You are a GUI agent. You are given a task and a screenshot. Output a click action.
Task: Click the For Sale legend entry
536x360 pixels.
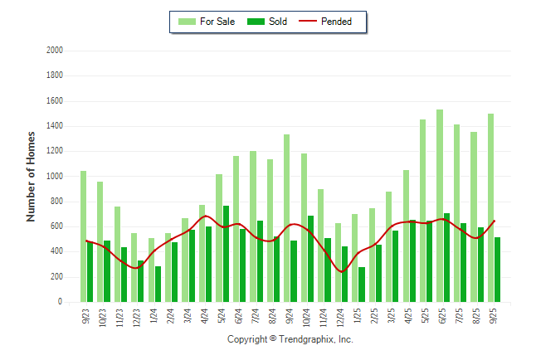pyautogui.click(x=212, y=22)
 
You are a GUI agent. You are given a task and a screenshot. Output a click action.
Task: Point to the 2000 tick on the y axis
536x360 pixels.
pyautogui.click(x=55, y=51)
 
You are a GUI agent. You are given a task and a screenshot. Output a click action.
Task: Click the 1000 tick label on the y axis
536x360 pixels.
pyautogui.click(x=55, y=177)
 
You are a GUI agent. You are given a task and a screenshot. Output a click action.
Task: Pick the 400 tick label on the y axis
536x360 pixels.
pyautogui.click(x=57, y=252)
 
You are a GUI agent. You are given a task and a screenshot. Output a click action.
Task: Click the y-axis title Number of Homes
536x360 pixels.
pyautogui.click(x=32, y=176)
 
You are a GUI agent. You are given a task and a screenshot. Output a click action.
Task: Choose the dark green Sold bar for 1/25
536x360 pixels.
pyautogui.click(x=362, y=285)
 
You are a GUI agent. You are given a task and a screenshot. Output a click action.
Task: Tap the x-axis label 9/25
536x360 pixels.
pyautogui.click(x=495, y=318)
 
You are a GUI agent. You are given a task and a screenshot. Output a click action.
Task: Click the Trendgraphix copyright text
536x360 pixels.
pyautogui.click(x=290, y=340)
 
